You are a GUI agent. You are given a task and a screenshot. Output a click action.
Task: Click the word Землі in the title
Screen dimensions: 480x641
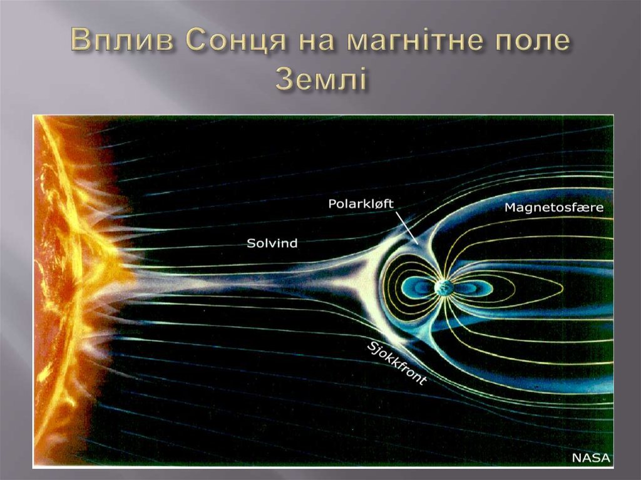point(320,79)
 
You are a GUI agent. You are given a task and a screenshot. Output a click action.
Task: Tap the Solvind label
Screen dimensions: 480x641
point(272,244)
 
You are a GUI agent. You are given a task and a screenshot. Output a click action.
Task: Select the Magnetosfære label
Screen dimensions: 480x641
point(554,207)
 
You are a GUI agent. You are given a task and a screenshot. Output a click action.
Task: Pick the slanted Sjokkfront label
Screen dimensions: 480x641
point(396,364)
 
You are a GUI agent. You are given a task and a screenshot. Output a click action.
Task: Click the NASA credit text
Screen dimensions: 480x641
point(591,457)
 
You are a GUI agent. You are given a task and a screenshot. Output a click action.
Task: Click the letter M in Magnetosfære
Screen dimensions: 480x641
point(510,207)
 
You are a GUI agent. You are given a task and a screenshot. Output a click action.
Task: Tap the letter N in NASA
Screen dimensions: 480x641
point(577,457)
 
